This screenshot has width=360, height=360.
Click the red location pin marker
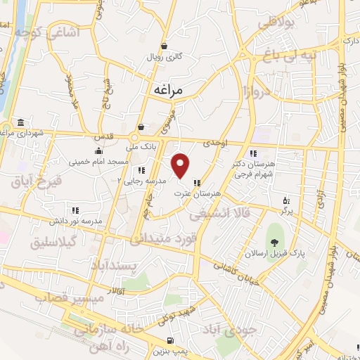[181, 165]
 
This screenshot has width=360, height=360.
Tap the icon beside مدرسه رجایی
[141, 169]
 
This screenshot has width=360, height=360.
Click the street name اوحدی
[216, 142]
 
